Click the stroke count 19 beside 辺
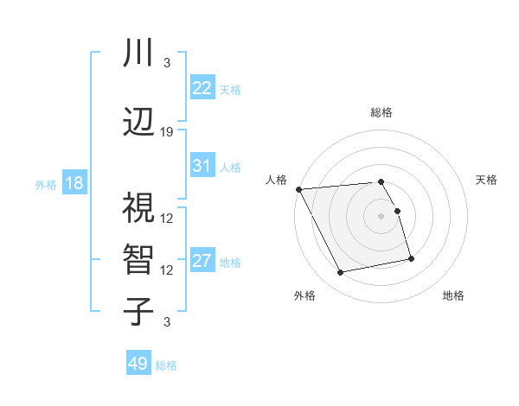(x=167, y=132)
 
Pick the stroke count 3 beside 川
(x=167, y=63)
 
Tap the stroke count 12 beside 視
(x=167, y=219)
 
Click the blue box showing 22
(x=202, y=87)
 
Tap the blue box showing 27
(x=202, y=261)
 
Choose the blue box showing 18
(x=74, y=183)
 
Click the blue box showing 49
(x=138, y=364)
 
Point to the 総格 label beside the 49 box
(x=166, y=365)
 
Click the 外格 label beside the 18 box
(x=46, y=184)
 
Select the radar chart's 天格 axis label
(x=486, y=180)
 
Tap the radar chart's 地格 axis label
(x=453, y=295)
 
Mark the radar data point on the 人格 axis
(x=298, y=189)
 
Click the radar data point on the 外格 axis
(x=341, y=273)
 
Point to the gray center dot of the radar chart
(x=381, y=215)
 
